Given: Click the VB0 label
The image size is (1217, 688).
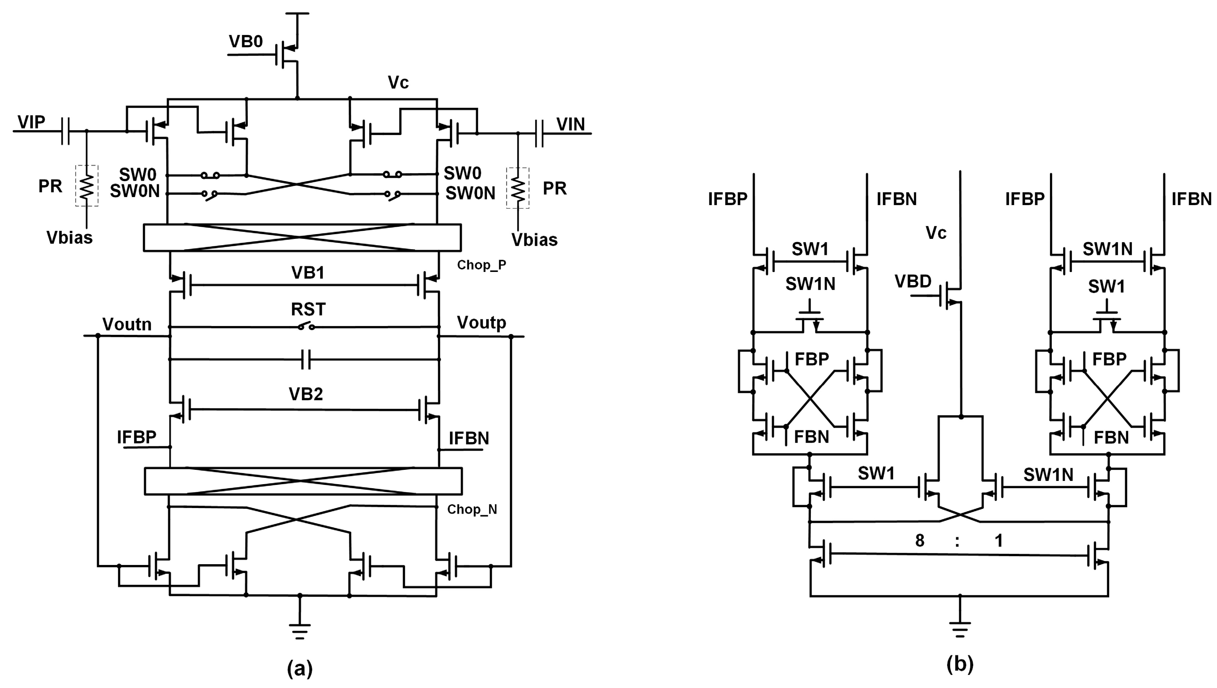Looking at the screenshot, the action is [246, 42].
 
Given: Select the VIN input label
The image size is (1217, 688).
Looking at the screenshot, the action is [571, 124].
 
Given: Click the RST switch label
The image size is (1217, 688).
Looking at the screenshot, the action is [308, 309].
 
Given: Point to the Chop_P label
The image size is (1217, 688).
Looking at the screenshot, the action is [481, 265].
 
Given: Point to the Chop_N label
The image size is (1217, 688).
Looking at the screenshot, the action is [472, 509].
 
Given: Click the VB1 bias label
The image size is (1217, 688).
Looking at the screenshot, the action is [308, 273].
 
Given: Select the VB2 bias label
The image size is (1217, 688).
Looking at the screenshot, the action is [306, 394].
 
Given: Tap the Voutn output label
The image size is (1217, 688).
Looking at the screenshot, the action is [127, 324].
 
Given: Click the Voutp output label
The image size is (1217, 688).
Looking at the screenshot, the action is [481, 323].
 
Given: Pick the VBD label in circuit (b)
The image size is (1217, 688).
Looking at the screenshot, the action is [913, 281].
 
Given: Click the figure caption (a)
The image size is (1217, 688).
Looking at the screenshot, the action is [300, 668].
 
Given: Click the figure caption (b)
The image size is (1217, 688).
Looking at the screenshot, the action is [960, 664].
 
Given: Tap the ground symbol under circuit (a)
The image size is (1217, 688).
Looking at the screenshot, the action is [300, 631].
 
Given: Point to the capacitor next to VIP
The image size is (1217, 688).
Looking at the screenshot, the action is [66, 131].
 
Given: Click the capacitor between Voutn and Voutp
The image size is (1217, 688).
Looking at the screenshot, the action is [306, 360].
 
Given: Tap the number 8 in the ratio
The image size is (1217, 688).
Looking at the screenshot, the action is [919, 540].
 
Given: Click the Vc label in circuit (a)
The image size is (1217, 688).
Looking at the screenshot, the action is [398, 82].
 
